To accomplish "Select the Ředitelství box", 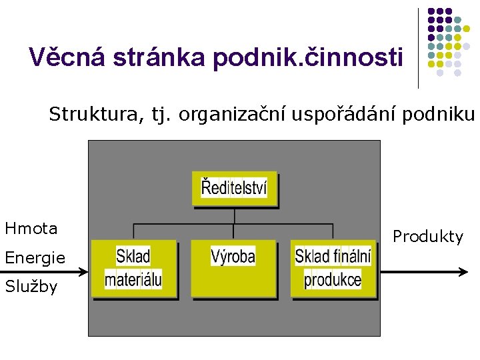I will (x=234, y=189).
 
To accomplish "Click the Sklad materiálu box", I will (x=133, y=268).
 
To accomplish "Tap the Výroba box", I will (x=233, y=268).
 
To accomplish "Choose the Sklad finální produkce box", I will (x=333, y=268).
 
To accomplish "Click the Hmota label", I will (x=31, y=229).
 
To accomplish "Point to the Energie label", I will (x=35, y=257).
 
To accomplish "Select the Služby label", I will (x=31, y=287).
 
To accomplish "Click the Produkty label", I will (x=427, y=237).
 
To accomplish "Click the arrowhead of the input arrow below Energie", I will (x=85, y=272).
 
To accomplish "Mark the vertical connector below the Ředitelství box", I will (x=234, y=215).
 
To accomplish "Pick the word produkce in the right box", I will (x=333, y=279).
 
